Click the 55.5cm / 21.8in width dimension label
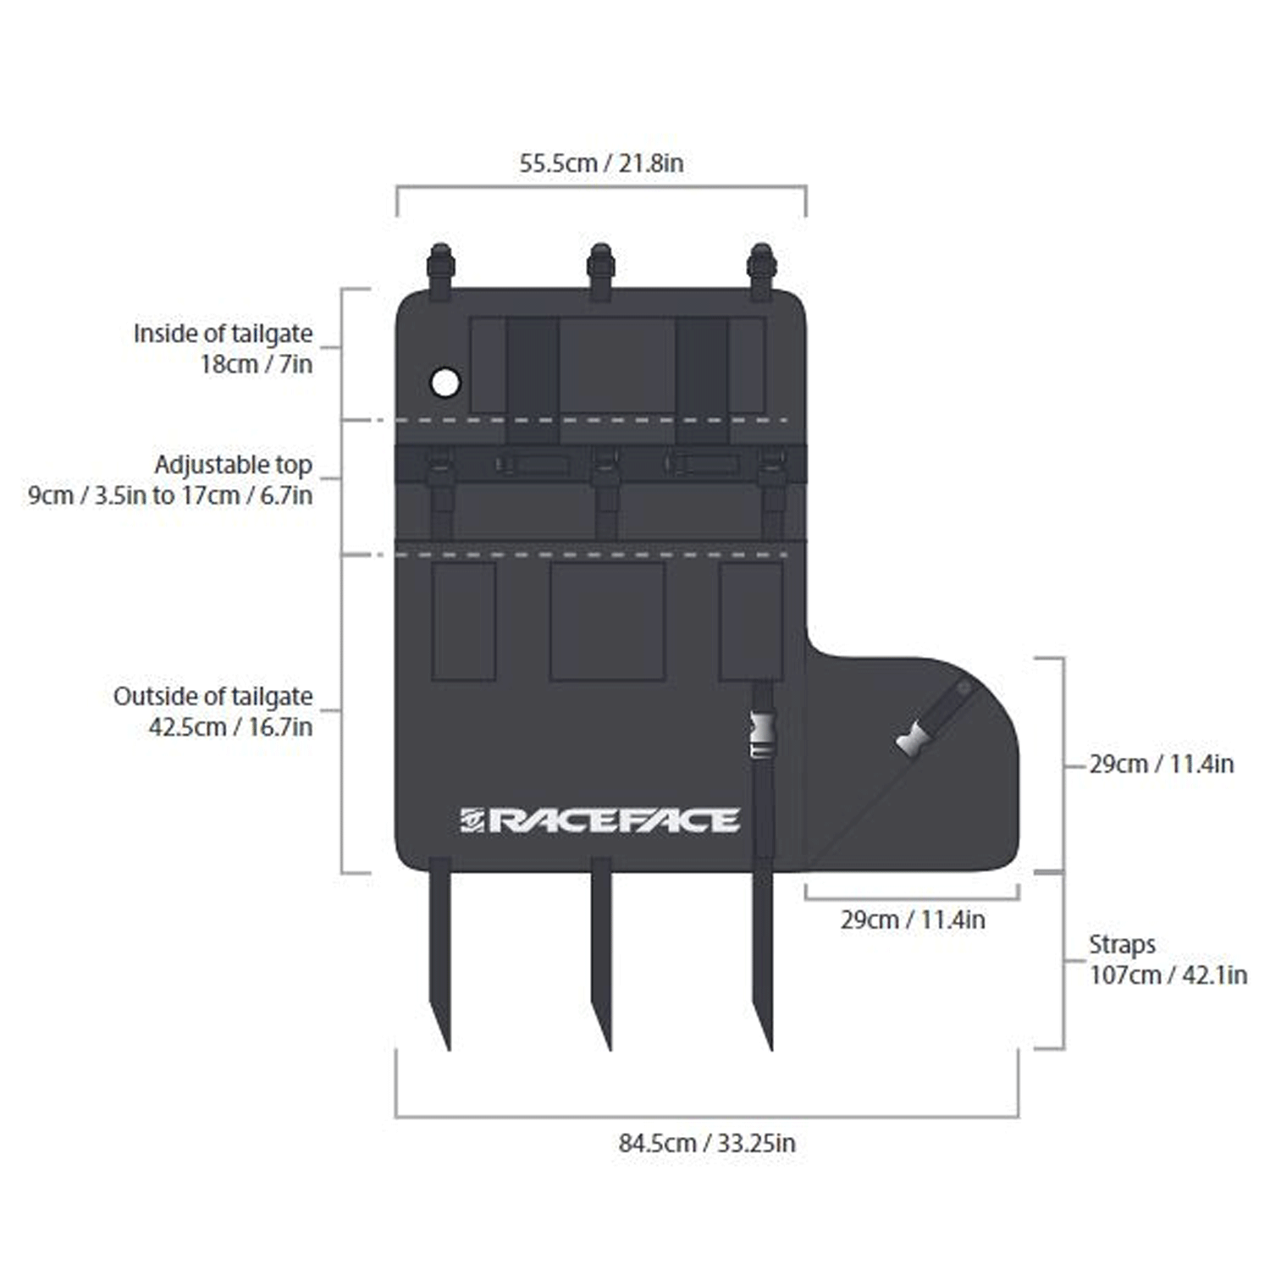coord(601,163)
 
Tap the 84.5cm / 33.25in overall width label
coord(707,1143)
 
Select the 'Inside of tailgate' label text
coord(223,334)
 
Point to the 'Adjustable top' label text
coord(233,465)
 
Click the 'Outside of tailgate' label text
coord(213,696)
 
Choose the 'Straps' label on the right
coord(1122,944)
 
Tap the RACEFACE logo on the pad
coord(600,820)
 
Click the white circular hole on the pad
coord(445,383)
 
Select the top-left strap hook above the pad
coord(440,269)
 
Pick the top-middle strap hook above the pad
coord(600,269)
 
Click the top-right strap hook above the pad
coord(761,269)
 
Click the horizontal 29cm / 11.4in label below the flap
coord(913,919)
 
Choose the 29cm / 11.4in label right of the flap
coord(1161,764)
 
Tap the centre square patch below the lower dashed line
coord(607,621)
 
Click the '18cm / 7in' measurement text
coord(256,364)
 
